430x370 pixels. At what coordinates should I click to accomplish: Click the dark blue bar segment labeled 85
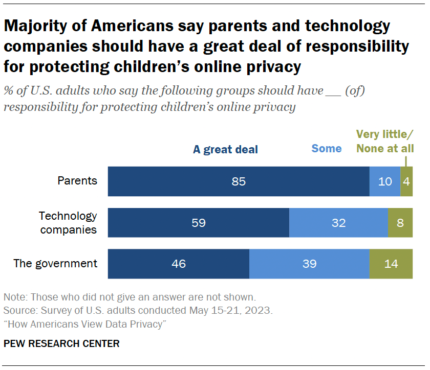[239, 181]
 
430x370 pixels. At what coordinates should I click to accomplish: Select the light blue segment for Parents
[384, 181]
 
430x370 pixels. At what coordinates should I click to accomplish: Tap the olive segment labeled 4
[406, 181]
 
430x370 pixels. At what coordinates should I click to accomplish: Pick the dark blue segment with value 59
[198, 223]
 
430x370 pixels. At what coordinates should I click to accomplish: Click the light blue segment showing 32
[338, 223]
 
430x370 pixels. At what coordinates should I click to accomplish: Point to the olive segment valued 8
[400, 223]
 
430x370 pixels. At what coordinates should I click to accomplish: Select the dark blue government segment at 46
[178, 264]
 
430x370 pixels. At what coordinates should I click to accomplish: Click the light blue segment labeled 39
[309, 264]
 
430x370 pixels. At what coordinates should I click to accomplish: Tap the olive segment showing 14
[391, 264]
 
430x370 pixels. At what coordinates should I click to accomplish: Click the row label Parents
[77, 181]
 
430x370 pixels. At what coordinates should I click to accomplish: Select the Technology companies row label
[68, 223]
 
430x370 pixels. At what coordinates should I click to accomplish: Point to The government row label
[55, 264]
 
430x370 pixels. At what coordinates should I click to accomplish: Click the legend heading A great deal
[225, 150]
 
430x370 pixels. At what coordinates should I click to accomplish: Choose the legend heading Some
[326, 149]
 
